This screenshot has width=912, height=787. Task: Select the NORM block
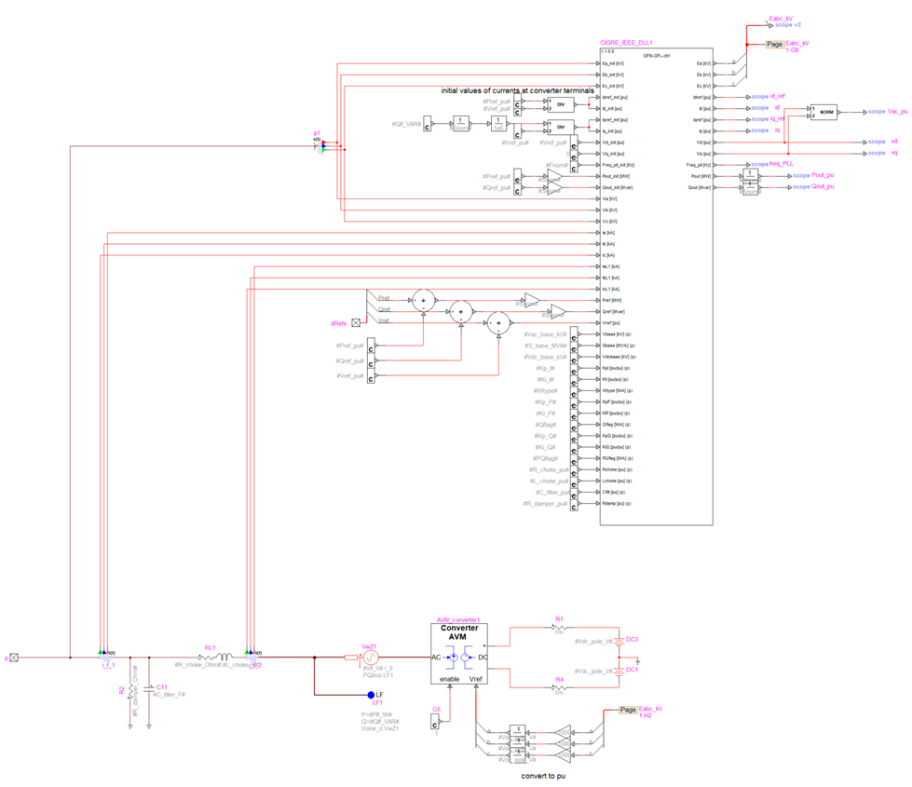pos(823,112)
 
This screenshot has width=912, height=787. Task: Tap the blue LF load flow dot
pos(370,696)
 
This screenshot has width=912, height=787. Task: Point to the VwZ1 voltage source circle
pos(370,658)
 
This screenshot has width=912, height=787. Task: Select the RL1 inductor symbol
pos(214,658)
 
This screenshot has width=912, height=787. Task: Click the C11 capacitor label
pos(162,686)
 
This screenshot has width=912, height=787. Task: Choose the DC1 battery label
pos(632,670)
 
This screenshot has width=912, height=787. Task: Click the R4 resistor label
pos(559,681)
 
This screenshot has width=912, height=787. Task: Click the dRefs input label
pos(339,323)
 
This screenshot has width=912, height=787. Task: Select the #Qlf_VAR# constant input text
pos(406,123)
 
